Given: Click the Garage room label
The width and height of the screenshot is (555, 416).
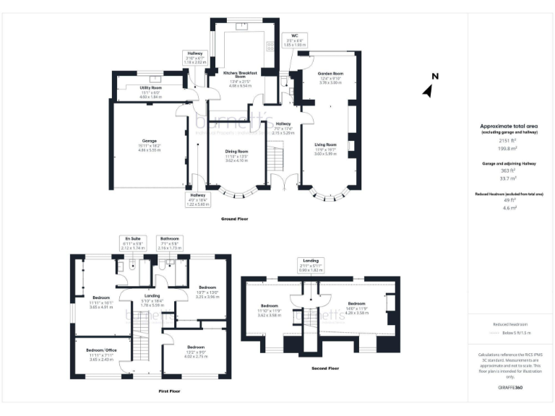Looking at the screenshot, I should point(149,141).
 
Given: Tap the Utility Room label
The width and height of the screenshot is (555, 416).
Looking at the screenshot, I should point(152,88).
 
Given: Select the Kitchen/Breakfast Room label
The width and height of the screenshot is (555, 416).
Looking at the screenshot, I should point(240,74).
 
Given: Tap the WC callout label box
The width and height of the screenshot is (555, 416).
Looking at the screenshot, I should point(294,40).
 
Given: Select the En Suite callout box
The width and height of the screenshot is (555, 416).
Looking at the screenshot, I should point(133,242).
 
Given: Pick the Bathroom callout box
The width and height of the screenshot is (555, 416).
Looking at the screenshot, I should point(170,242).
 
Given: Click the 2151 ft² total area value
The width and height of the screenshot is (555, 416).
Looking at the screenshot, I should point(511,142).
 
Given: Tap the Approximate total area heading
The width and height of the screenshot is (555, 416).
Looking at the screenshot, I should point(511,126).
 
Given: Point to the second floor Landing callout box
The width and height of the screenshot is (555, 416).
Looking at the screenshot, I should point(312,264).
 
